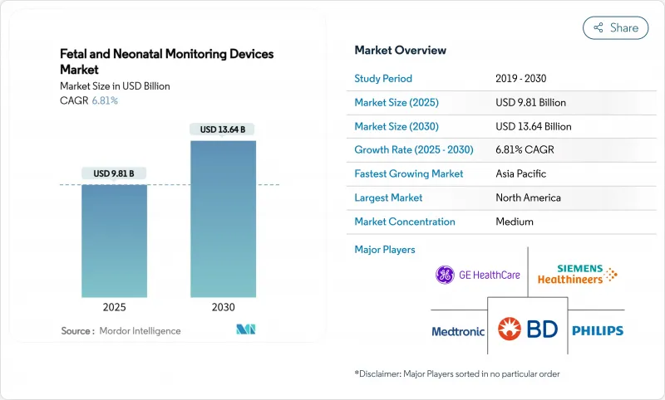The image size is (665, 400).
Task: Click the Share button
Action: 615,27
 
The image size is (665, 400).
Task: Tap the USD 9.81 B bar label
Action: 114,173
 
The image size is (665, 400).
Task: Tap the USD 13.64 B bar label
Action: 222,129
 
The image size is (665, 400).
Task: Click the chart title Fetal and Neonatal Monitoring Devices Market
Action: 166,61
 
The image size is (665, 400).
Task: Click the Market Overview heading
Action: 400,51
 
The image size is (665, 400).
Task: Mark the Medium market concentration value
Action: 514,222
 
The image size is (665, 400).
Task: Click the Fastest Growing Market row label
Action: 409,174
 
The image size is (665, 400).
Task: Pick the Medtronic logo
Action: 458,331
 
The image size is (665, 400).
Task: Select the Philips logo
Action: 597,330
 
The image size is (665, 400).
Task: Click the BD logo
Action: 527,330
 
